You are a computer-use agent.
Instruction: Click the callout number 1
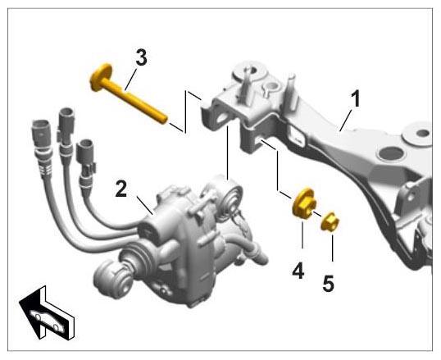pyautogui.click(x=356, y=98)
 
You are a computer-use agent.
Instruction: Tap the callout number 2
pyautogui.click(x=121, y=189)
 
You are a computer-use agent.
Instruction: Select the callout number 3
pyautogui.click(x=142, y=57)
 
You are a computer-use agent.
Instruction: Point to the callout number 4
pyautogui.click(x=298, y=271)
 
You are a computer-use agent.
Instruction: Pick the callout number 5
pyautogui.click(x=329, y=284)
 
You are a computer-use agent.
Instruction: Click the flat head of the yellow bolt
pyautogui.click(x=101, y=77)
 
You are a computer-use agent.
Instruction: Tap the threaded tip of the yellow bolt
pyautogui.click(x=163, y=120)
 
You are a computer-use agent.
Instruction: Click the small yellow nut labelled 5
pyautogui.click(x=330, y=222)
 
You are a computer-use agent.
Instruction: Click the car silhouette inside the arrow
pyautogui.click(x=47, y=320)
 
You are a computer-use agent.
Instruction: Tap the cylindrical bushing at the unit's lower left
pyautogui.click(x=112, y=279)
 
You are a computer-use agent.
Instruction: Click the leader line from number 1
pyautogui.click(x=346, y=121)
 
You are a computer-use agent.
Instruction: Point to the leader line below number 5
pyautogui.click(x=332, y=248)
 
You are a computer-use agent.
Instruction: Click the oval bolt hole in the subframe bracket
pyautogui.click(x=223, y=118)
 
